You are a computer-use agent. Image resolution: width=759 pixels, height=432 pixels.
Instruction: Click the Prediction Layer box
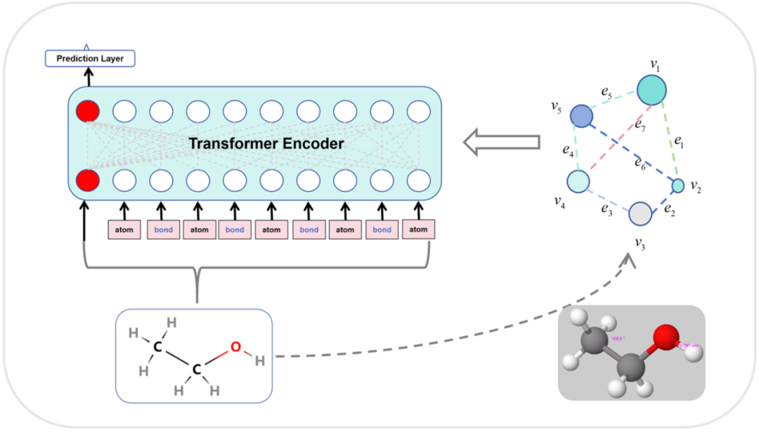tap(90, 58)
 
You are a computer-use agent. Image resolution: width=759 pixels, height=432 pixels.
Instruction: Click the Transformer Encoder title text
tap(266, 144)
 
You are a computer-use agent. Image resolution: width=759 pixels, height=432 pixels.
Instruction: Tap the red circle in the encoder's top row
tap(88, 111)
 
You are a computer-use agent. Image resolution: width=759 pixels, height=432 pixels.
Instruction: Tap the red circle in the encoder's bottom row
tap(88, 181)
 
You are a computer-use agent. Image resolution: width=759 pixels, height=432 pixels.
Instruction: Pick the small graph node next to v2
tap(677, 185)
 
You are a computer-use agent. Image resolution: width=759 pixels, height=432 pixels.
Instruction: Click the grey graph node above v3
tap(640, 214)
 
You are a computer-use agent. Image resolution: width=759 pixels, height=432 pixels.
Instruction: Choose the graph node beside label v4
tap(578, 181)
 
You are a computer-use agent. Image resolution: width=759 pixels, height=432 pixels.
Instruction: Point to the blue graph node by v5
tap(581, 115)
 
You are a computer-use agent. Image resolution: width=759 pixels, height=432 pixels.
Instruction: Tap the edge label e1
tap(678, 142)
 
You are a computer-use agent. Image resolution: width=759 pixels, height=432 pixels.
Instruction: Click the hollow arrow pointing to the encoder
tap(501, 143)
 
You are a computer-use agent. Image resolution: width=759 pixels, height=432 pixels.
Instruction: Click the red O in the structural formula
tap(235, 346)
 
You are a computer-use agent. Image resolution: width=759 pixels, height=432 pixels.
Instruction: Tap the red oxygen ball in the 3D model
tap(664, 337)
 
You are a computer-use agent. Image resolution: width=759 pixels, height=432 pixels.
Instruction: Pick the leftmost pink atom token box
tap(124, 230)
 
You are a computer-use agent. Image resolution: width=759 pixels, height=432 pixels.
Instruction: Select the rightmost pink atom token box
tap(418, 229)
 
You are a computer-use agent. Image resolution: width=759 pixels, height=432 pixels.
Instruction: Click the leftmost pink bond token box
tap(163, 230)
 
